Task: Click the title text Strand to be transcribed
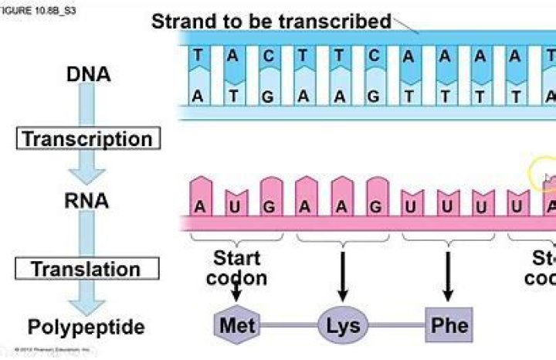(x=271, y=21)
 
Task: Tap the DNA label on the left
(x=89, y=75)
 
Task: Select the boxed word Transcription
(x=88, y=139)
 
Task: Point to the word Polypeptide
(x=86, y=327)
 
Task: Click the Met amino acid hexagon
(x=237, y=325)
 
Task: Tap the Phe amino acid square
(x=449, y=325)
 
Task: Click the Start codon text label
(x=236, y=267)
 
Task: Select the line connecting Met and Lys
(x=290, y=325)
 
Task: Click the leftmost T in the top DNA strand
(x=200, y=56)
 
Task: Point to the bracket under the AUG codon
(x=236, y=241)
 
